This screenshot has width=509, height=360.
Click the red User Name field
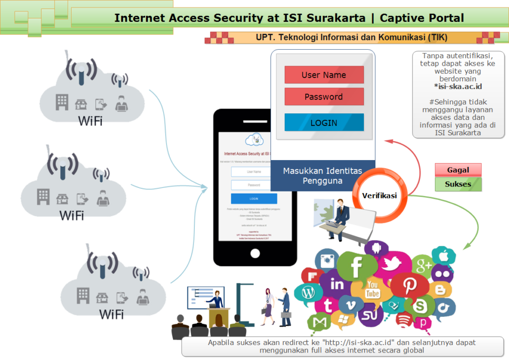(324, 75)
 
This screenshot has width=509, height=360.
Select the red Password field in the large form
(324, 97)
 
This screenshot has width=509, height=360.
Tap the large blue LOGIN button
(324, 123)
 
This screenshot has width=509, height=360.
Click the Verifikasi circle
(379, 195)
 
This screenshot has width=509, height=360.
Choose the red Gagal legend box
(458, 170)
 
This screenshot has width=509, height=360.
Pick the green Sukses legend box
(458, 184)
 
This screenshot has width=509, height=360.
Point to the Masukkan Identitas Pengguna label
(323, 176)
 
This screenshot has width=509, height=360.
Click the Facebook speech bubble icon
(356, 268)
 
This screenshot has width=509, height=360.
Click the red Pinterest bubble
(409, 285)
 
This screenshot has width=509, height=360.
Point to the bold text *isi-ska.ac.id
(458, 87)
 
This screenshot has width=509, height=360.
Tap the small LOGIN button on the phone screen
(254, 199)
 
